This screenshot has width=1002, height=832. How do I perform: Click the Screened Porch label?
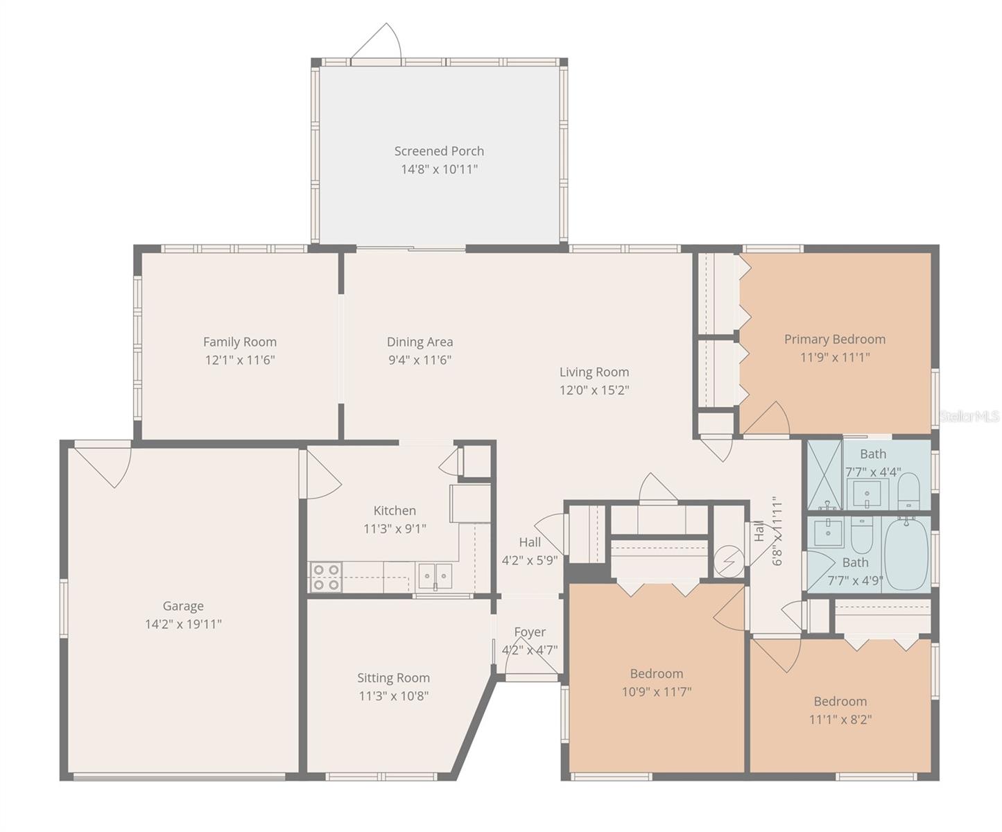(x=439, y=151)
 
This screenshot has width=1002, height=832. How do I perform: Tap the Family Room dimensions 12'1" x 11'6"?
(x=240, y=360)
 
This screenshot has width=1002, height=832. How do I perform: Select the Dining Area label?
(x=420, y=342)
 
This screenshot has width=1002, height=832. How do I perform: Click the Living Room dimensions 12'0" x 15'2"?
(x=594, y=390)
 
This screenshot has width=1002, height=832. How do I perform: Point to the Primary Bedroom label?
(x=834, y=339)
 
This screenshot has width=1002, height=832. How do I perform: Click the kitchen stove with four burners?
(x=326, y=577)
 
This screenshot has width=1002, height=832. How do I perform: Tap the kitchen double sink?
(x=435, y=576)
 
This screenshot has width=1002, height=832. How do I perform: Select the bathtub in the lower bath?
(x=906, y=553)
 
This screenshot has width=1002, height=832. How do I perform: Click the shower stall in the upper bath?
(x=823, y=476)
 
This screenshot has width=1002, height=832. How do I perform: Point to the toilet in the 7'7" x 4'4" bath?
(x=908, y=489)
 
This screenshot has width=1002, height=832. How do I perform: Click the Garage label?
(x=183, y=606)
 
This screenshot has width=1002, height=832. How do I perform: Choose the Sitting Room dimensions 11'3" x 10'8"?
(x=393, y=695)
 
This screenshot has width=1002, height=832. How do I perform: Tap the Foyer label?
(x=530, y=632)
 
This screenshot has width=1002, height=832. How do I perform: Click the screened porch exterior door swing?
(x=378, y=43)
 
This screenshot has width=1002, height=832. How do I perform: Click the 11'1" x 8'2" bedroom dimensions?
(x=840, y=719)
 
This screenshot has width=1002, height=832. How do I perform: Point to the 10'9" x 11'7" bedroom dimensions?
(x=656, y=691)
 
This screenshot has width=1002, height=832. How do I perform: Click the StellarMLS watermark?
(x=969, y=417)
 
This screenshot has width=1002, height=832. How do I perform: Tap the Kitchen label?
(x=395, y=510)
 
